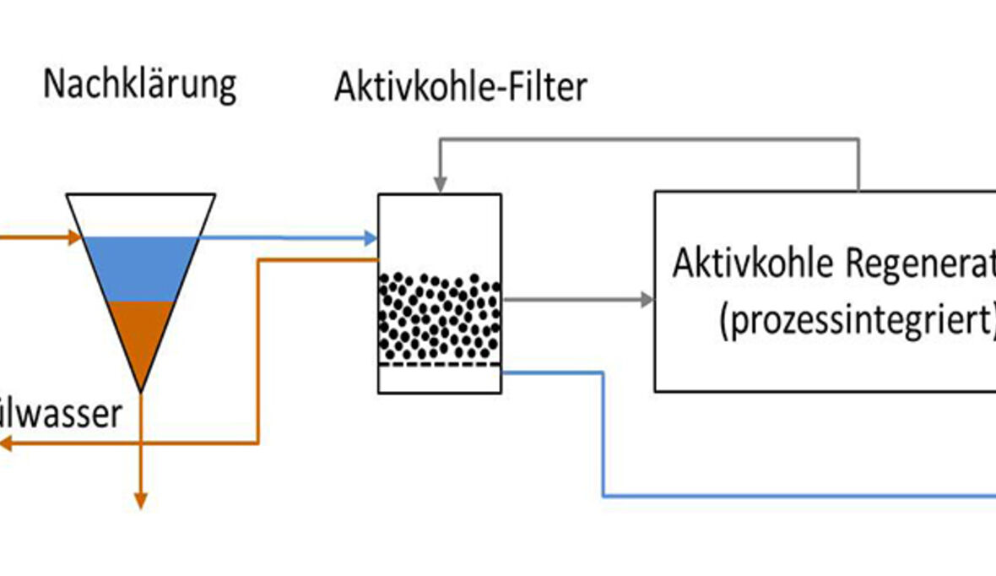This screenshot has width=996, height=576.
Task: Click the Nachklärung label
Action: click(x=139, y=85)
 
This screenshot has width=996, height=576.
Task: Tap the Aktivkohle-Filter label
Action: click(x=460, y=87)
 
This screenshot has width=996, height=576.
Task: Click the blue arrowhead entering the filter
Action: click(x=370, y=238)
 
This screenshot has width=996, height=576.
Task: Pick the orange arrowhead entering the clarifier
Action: click(x=74, y=238)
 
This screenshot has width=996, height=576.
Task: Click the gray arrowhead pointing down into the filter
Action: click(x=438, y=185)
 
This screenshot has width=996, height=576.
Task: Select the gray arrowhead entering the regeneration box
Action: click(x=647, y=299)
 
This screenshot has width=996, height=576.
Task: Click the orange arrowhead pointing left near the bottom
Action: click(x=7, y=443)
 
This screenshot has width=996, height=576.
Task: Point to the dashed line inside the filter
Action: click(x=439, y=365)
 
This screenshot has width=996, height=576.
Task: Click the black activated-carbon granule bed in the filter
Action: click(x=439, y=317)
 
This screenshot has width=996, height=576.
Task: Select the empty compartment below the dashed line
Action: click(x=439, y=379)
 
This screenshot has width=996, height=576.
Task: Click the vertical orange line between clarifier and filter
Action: click(x=257, y=350)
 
